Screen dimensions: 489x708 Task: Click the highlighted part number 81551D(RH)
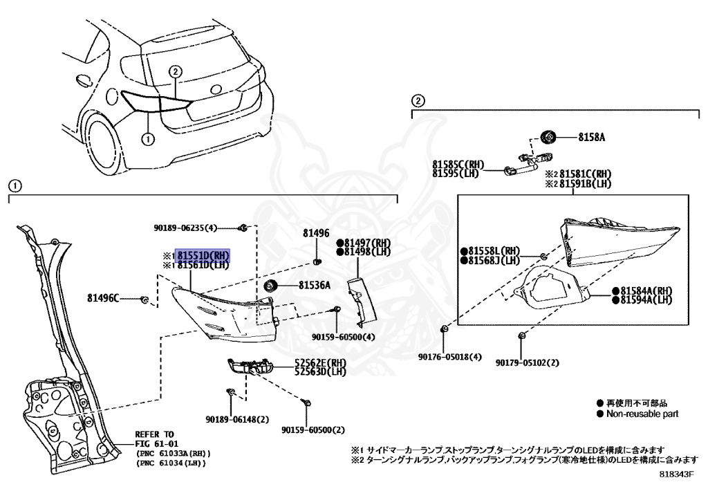(203, 255)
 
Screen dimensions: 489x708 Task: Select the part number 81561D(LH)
(203, 264)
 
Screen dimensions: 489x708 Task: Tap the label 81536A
(315, 284)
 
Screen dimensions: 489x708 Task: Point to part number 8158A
(591, 138)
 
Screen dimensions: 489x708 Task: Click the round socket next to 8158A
(549, 136)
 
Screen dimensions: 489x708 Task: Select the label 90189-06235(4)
(185, 228)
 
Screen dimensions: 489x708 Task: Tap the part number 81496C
(102, 298)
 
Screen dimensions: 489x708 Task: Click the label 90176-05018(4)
(449, 358)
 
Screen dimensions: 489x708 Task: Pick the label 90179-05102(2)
(527, 362)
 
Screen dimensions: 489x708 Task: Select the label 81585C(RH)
(458, 165)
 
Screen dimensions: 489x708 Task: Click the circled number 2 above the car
(176, 71)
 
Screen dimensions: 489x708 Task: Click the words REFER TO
(155, 434)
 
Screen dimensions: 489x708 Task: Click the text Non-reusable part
(642, 414)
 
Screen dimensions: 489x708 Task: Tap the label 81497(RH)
(367, 243)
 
